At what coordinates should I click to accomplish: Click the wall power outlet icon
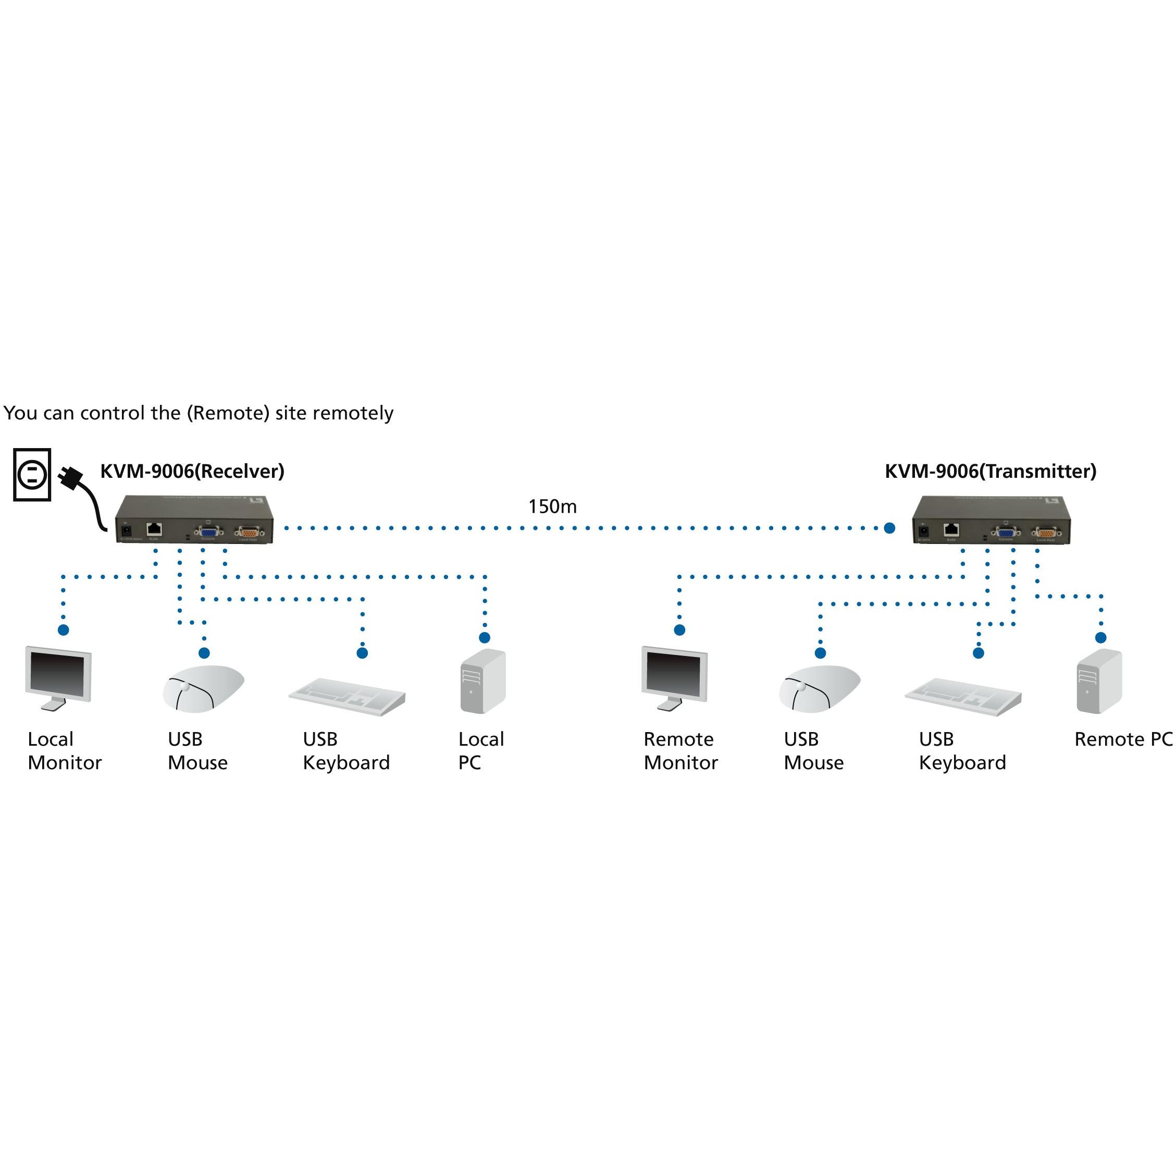[32, 474]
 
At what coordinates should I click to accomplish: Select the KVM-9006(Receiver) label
[192, 471]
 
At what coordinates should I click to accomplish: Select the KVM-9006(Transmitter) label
[991, 471]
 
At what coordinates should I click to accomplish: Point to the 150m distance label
[552, 506]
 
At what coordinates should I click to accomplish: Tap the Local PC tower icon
[482, 681]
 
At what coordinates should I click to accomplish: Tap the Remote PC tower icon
[1099, 681]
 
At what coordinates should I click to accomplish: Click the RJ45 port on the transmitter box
[951, 529]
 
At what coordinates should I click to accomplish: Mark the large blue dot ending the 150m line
[889, 528]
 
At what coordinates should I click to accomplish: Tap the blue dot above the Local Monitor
[63, 630]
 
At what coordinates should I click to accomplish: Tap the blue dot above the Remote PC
[1100, 638]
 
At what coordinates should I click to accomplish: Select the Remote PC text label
[1123, 739]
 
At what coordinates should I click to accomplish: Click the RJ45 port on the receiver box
[155, 529]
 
